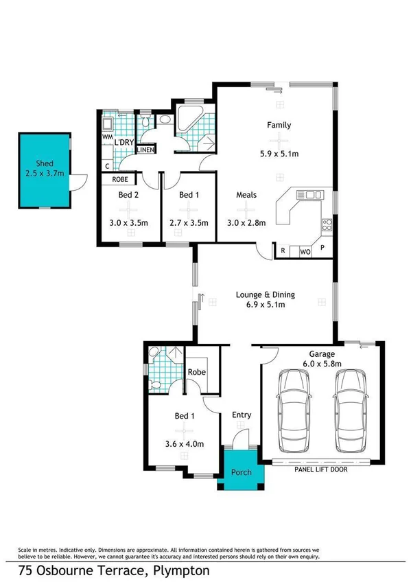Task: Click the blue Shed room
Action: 44,170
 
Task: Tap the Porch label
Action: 240,473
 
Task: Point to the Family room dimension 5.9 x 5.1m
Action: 279,154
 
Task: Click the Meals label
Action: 246,195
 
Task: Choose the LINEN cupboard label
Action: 145,149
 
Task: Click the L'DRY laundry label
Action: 124,142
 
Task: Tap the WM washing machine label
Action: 107,137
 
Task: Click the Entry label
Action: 241,415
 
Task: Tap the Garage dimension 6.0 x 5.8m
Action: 320,364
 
